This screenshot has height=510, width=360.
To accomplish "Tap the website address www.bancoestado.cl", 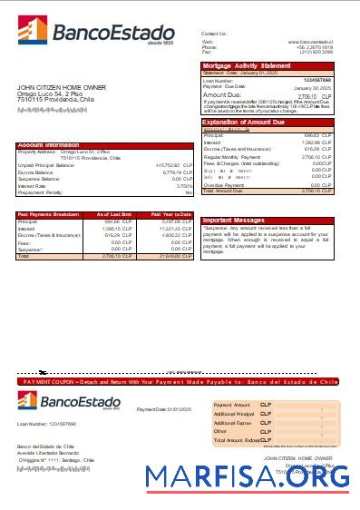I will pyautogui.click(x=310, y=42).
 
